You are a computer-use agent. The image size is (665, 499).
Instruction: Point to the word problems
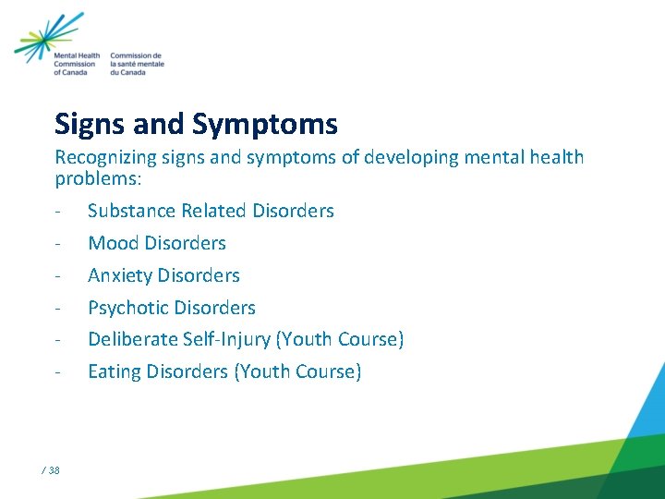(91, 176)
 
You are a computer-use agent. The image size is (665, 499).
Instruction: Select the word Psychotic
(127, 308)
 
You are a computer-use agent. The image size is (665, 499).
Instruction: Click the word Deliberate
(130, 339)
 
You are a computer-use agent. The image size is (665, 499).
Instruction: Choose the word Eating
(115, 371)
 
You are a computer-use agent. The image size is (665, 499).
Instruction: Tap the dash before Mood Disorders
(58, 244)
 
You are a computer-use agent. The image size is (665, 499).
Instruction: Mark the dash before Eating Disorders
(58, 372)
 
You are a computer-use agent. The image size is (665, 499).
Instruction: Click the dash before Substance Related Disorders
(58, 212)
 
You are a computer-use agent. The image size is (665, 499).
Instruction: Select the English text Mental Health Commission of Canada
(77, 65)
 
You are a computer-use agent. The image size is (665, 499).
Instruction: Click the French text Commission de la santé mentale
(137, 65)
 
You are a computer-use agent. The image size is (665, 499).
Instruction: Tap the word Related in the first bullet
(215, 211)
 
